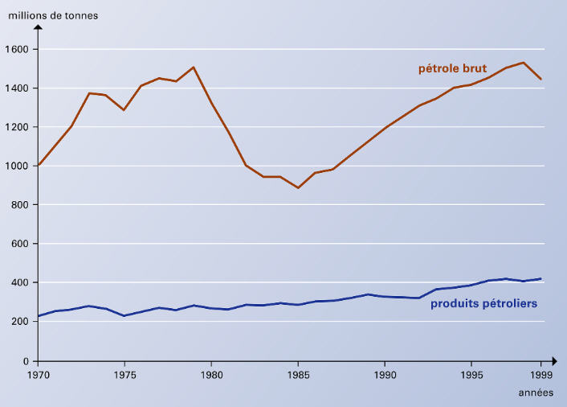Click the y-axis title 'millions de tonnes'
tap(53, 15)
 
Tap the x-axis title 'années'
tap(536, 393)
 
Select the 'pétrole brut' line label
tap(452, 68)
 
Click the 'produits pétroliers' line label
tap(483, 303)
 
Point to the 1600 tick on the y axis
tap(17, 49)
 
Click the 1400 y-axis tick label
tap(17, 88)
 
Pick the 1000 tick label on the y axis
tap(17, 166)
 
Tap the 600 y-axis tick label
tap(20, 244)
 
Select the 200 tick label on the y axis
tap(20, 321)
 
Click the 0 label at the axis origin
tap(26, 361)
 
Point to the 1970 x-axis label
tap(39, 375)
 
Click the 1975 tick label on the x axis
tap(124, 375)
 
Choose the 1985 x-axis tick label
tap(298, 375)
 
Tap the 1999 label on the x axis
tap(541, 375)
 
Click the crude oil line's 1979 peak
tap(194, 68)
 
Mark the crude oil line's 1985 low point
tap(298, 187)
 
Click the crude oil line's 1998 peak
tap(524, 63)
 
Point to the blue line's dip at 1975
tap(124, 316)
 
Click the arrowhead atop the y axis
tap(38, 27)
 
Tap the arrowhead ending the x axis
tap(555, 360)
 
